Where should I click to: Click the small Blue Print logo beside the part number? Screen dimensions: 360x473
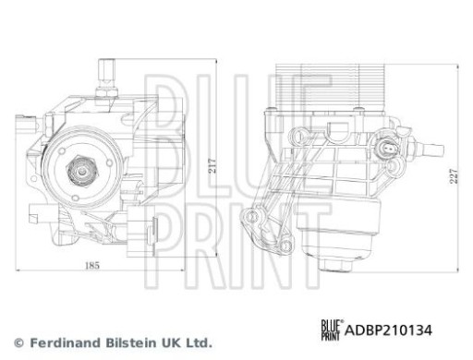click(x=330, y=330)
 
